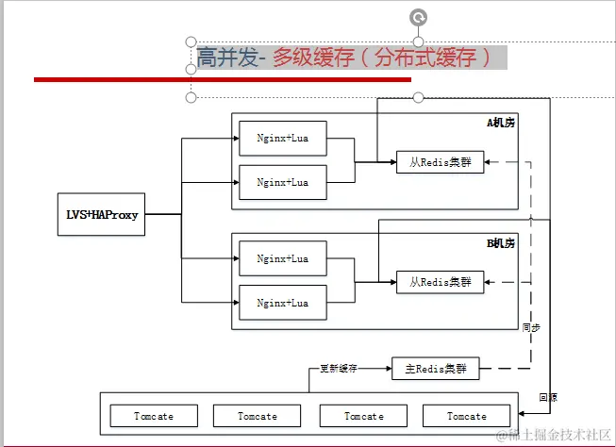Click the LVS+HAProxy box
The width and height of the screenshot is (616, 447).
point(102,214)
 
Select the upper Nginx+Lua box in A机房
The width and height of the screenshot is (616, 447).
point(283,138)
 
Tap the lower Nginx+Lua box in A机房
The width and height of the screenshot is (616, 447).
point(283,181)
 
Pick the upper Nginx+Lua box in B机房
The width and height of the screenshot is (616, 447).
point(283,258)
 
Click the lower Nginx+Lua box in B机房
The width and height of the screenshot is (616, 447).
point(283,303)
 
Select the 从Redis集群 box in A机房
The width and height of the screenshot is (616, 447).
point(440,163)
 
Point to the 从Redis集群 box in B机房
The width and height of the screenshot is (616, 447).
point(440,281)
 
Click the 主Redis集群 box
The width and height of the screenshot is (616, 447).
point(435,368)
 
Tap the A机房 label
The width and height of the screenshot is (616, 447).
point(501,123)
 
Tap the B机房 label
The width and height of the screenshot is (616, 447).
point(501,243)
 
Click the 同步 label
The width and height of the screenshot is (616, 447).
point(531,327)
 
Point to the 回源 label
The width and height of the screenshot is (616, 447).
point(547,397)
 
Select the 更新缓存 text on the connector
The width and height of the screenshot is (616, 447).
point(339,368)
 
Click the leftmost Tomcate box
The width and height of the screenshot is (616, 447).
point(154,416)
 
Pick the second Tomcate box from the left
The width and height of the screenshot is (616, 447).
point(258,416)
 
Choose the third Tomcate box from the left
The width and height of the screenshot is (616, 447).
point(364,416)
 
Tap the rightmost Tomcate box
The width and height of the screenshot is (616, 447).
point(467,416)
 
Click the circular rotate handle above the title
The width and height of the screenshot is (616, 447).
point(418,16)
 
